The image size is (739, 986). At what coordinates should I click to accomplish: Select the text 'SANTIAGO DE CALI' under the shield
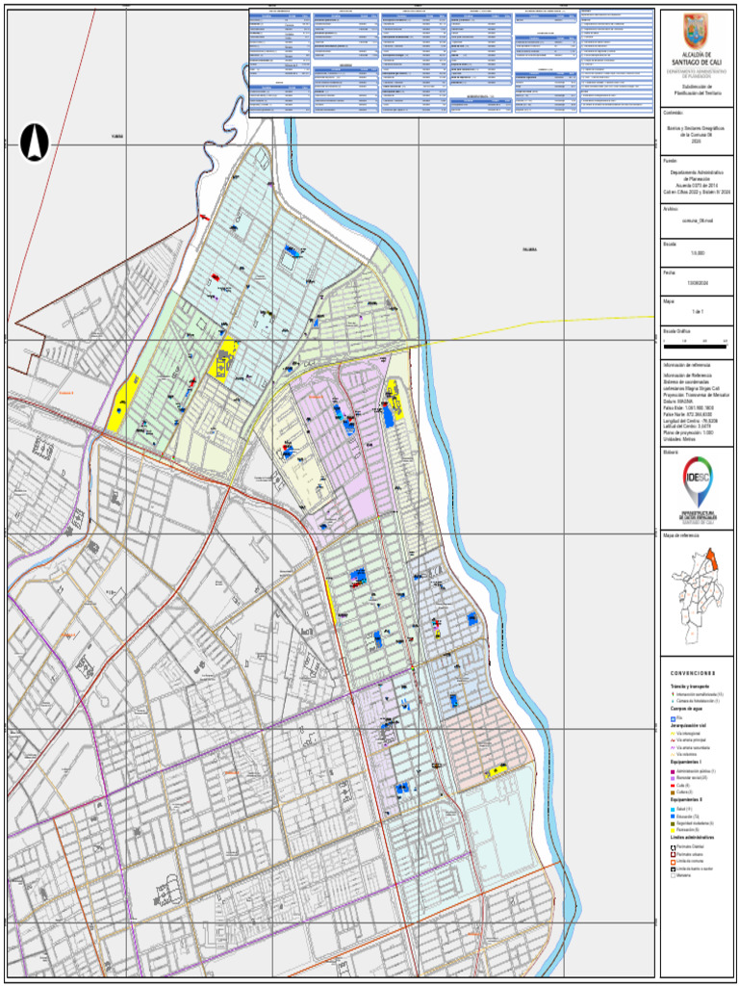(x=695, y=63)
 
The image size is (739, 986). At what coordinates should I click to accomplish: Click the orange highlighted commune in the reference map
(x=712, y=560)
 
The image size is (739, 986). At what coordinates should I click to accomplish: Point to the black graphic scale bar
(x=695, y=342)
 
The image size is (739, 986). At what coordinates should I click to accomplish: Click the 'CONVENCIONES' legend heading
(x=693, y=672)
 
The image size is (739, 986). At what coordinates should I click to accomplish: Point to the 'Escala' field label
(x=671, y=244)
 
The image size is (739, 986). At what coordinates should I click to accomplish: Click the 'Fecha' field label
(x=670, y=272)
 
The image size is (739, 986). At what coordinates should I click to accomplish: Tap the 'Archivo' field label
(x=672, y=209)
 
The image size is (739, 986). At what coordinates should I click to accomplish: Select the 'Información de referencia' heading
(x=688, y=366)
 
